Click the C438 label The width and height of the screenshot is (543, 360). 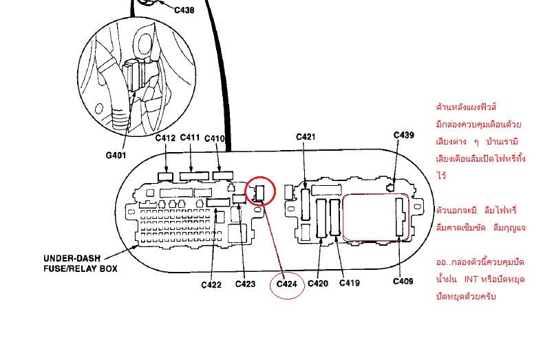(184, 10)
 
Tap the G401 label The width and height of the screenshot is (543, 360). (116, 155)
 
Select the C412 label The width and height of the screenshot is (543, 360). (166, 138)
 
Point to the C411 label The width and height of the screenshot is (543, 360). (190, 138)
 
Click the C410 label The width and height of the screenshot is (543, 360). (215, 138)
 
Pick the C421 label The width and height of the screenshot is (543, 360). (306, 137)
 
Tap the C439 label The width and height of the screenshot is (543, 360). (403, 135)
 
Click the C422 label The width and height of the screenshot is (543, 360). (211, 284)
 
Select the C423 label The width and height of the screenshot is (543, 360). (245, 284)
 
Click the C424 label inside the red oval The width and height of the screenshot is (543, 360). (286, 284)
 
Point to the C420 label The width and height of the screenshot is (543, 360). (318, 284)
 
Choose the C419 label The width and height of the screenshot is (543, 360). (350, 284)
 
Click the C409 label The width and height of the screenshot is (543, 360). (403, 281)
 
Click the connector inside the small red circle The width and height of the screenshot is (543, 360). (259, 193)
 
